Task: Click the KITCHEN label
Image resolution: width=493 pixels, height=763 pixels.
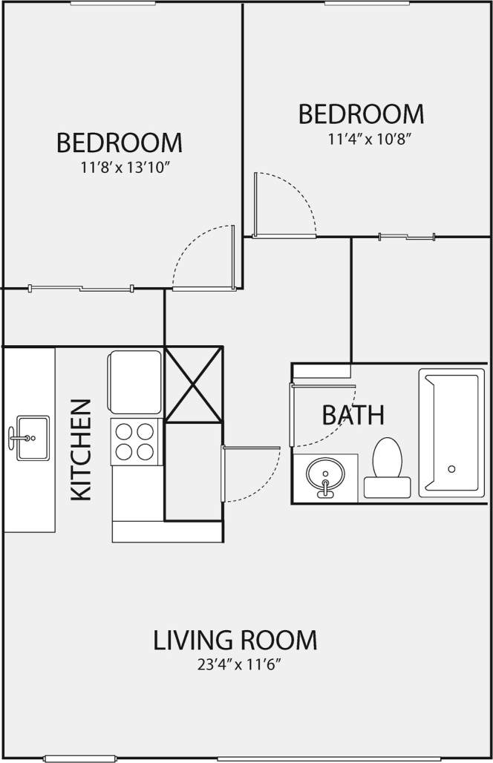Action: (x=81, y=450)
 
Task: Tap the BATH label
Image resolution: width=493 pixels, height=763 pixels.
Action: (x=353, y=415)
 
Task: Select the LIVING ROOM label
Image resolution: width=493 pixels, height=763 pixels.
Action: (x=235, y=639)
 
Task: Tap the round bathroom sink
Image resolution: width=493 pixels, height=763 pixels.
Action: (x=324, y=474)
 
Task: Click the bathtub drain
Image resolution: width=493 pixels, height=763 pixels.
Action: (x=451, y=469)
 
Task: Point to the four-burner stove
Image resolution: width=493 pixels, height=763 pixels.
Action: (x=137, y=442)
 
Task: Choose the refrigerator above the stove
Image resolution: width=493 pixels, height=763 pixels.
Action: (x=135, y=381)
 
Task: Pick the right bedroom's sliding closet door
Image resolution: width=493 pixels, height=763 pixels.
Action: (x=406, y=237)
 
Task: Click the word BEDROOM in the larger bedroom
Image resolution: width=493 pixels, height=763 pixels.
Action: (x=119, y=142)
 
